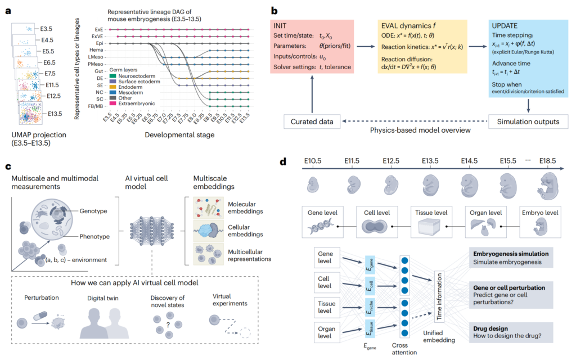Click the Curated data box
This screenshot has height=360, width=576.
[312, 121]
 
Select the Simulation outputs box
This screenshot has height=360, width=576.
[528, 121]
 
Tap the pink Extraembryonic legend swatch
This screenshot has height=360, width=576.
[112, 103]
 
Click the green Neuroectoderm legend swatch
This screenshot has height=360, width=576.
[112, 76]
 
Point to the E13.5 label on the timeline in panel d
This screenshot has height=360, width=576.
[430, 161]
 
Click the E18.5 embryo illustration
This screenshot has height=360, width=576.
[549, 186]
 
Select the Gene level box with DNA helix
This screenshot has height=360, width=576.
[322, 222]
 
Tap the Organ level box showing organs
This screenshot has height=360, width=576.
[485, 222]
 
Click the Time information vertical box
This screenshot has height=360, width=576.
[439, 297]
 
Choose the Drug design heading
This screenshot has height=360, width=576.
[490, 328]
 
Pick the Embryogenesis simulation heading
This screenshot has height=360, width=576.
[511, 254]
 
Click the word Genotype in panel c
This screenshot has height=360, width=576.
[93, 211]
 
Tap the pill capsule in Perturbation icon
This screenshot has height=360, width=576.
[40, 316]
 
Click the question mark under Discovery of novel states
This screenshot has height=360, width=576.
[168, 325]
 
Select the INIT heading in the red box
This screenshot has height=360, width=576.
[280, 26]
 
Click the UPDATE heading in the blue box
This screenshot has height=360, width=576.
[505, 26]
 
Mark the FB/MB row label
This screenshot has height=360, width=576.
[96, 106]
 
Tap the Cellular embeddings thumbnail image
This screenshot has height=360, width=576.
[209, 231]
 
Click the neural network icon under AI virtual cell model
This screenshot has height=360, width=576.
[152, 231]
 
